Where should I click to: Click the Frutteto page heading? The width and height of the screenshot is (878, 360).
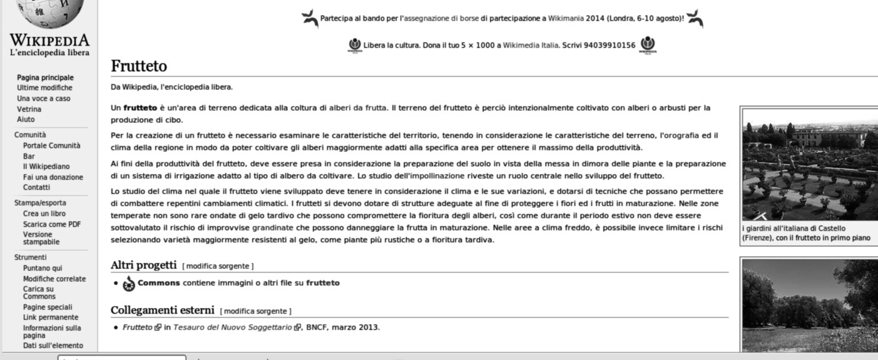pos(139,66)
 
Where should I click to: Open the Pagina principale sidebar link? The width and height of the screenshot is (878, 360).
pos(45,78)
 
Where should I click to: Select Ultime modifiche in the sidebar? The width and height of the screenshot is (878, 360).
pos(44,88)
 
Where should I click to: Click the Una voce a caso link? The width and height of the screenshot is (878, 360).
pos(43,98)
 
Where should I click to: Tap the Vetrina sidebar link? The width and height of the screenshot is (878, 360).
pos(29,109)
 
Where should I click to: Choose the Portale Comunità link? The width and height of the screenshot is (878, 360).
pos(51,145)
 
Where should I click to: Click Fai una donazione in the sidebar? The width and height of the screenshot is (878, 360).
pos(53,177)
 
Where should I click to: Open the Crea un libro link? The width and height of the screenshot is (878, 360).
pos(44,213)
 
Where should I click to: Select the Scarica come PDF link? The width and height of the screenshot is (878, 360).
pos(51,224)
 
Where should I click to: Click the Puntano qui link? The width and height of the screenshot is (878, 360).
pos(43,268)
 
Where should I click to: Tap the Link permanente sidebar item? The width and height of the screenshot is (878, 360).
pos(51,317)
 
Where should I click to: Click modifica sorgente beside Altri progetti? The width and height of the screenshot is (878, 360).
pos(218,266)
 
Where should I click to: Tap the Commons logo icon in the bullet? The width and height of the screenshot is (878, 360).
pos(129,284)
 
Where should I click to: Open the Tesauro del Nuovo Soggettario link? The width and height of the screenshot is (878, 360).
pos(232,327)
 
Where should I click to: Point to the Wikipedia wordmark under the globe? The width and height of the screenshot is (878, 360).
pos(49,41)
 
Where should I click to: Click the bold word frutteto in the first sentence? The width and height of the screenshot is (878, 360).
pos(140,108)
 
